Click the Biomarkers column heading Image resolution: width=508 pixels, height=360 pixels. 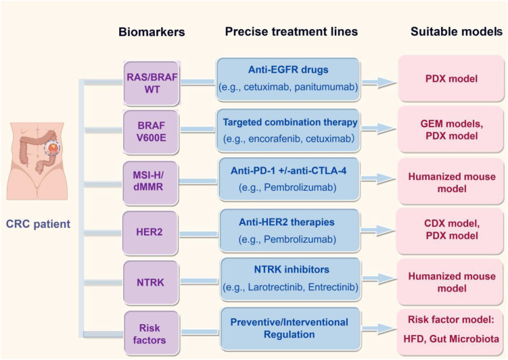tap(152, 32)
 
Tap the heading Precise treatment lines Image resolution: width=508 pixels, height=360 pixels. tap(292, 31)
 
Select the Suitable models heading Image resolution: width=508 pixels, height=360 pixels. tap(457, 31)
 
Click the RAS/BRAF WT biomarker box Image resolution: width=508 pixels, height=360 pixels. tap(152, 83)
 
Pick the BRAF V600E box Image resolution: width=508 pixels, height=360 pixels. tap(151, 131)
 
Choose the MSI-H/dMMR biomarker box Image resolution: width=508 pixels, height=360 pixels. tap(151, 183)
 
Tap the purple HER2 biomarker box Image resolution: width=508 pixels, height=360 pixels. tap(150, 232)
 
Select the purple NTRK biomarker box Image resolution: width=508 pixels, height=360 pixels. tap(151, 283)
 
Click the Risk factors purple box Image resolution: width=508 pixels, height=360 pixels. tap(152, 333)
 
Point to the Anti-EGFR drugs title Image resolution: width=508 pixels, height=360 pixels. tap(288, 70)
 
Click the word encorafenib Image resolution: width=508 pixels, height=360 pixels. tap(275, 139)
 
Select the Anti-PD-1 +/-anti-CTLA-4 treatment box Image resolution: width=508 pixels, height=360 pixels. tap(289, 179)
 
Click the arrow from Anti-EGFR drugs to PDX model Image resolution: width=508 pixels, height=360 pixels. tap(379, 83)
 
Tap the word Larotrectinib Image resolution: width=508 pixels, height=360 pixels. tap(275, 287)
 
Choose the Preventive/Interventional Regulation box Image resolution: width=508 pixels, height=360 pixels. tap(290, 329)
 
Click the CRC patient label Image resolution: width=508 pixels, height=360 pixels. tap(39, 224)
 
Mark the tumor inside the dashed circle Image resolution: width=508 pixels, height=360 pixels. tap(53, 148)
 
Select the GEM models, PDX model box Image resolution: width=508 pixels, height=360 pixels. tap(451, 130)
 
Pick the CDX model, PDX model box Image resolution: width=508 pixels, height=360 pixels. tap(451, 230)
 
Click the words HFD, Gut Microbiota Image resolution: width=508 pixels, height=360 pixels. tap(451, 339)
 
